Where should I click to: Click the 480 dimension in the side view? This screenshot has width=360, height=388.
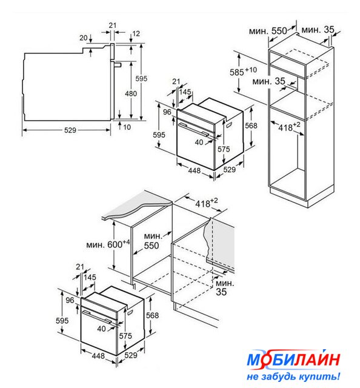pyautogui.click(x=131, y=93)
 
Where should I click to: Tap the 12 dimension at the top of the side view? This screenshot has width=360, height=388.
pyautogui.click(x=136, y=33)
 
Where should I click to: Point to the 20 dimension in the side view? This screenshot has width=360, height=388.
pyautogui.click(x=84, y=38)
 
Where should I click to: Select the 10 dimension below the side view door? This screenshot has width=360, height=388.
pyautogui.click(x=127, y=127)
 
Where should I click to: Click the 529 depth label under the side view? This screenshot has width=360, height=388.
pyautogui.click(x=70, y=130)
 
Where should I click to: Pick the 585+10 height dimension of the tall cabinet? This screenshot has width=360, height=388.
pyautogui.click(x=243, y=72)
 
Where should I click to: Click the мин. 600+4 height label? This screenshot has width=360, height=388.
pyautogui.click(x=108, y=244)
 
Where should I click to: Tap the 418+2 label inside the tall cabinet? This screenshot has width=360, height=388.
pyautogui.click(x=289, y=127)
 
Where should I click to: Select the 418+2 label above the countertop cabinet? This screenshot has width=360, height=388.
pyautogui.click(x=207, y=203)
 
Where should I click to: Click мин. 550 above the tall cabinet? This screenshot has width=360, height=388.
pyautogui.click(x=268, y=31)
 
